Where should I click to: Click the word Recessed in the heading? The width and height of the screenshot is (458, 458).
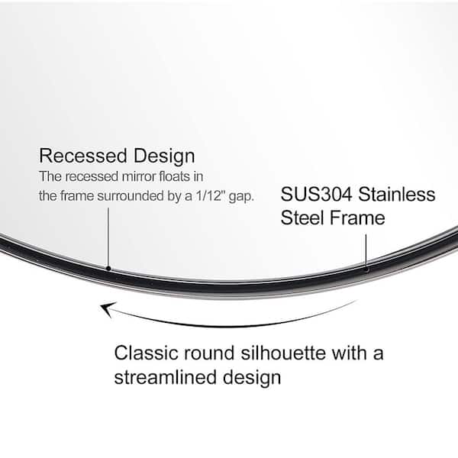coord(83,156)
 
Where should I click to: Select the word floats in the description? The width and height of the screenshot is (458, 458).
coord(173,176)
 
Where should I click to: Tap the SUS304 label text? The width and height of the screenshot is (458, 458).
coord(316,194)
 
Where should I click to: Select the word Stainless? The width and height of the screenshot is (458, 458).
coord(397,194)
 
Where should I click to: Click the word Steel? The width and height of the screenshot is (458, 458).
coord(302,218)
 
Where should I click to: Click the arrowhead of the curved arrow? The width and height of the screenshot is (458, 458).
coord(107,309)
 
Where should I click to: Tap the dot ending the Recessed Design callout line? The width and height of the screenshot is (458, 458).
coord(108,269)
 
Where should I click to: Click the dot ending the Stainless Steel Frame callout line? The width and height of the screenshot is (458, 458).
coord(366,270)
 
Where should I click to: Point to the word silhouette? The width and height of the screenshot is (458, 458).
coord(283,353)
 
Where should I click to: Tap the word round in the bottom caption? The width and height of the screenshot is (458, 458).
coord(209,353)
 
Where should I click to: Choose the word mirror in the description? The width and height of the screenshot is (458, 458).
coord(139,176)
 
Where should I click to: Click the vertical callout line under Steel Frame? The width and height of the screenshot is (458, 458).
coord(366,250)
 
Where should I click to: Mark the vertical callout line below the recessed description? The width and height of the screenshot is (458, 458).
coord(108,237)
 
